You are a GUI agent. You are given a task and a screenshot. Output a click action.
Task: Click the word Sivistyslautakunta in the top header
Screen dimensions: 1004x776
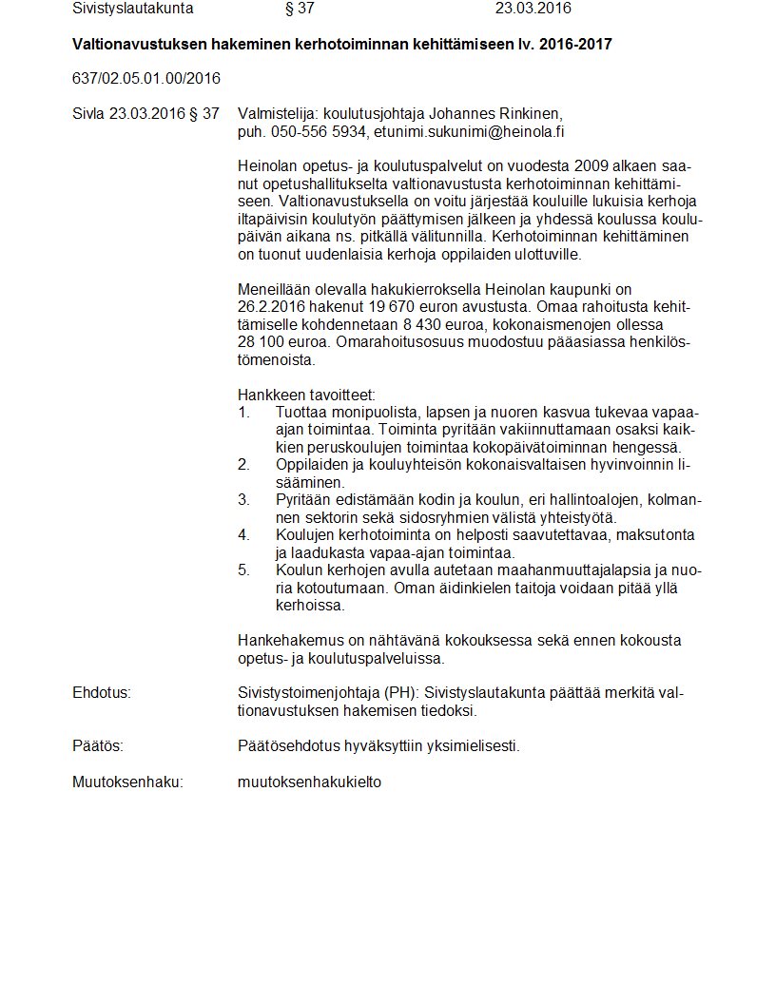click(x=133, y=9)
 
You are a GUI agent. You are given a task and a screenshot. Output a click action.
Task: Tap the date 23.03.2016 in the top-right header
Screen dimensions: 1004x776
click(x=533, y=9)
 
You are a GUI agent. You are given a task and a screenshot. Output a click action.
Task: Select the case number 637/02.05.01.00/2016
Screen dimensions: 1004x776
click(x=146, y=78)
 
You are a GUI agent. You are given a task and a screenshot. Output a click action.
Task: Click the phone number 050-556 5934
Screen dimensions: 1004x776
click(x=319, y=131)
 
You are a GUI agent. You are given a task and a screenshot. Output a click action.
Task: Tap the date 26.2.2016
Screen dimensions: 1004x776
click(x=273, y=306)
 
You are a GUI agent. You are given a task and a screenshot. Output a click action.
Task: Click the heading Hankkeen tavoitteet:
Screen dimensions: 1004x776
click(x=306, y=394)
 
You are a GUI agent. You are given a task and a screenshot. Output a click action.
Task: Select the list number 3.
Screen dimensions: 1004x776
click(x=243, y=499)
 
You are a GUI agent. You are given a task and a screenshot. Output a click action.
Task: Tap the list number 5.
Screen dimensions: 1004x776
click(x=243, y=570)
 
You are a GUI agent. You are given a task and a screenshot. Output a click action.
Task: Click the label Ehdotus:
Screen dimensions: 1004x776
click(x=102, y=692)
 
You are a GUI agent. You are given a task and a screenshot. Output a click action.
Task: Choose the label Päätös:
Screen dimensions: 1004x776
click(x=98, y=745)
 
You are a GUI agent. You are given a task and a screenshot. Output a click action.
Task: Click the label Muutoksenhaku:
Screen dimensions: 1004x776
click(x=127, y=782)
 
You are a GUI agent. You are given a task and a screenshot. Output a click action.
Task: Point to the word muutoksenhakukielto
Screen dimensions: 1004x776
click(x=310, y=782)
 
